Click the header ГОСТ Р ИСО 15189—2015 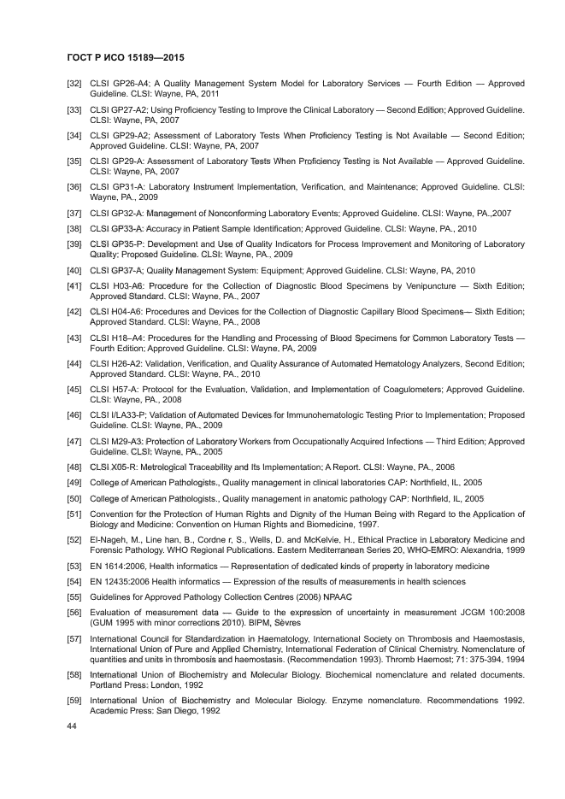click(x=126, y=58)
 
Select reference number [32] click(x=74, y=84)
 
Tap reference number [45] click(x=74, y=389)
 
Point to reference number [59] click(x=74, y=701)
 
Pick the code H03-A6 click(x=127, y=285)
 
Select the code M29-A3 click(x=127, y=441)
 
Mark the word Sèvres click(x=282, y=623)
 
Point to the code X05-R click(x=126, y=467)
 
